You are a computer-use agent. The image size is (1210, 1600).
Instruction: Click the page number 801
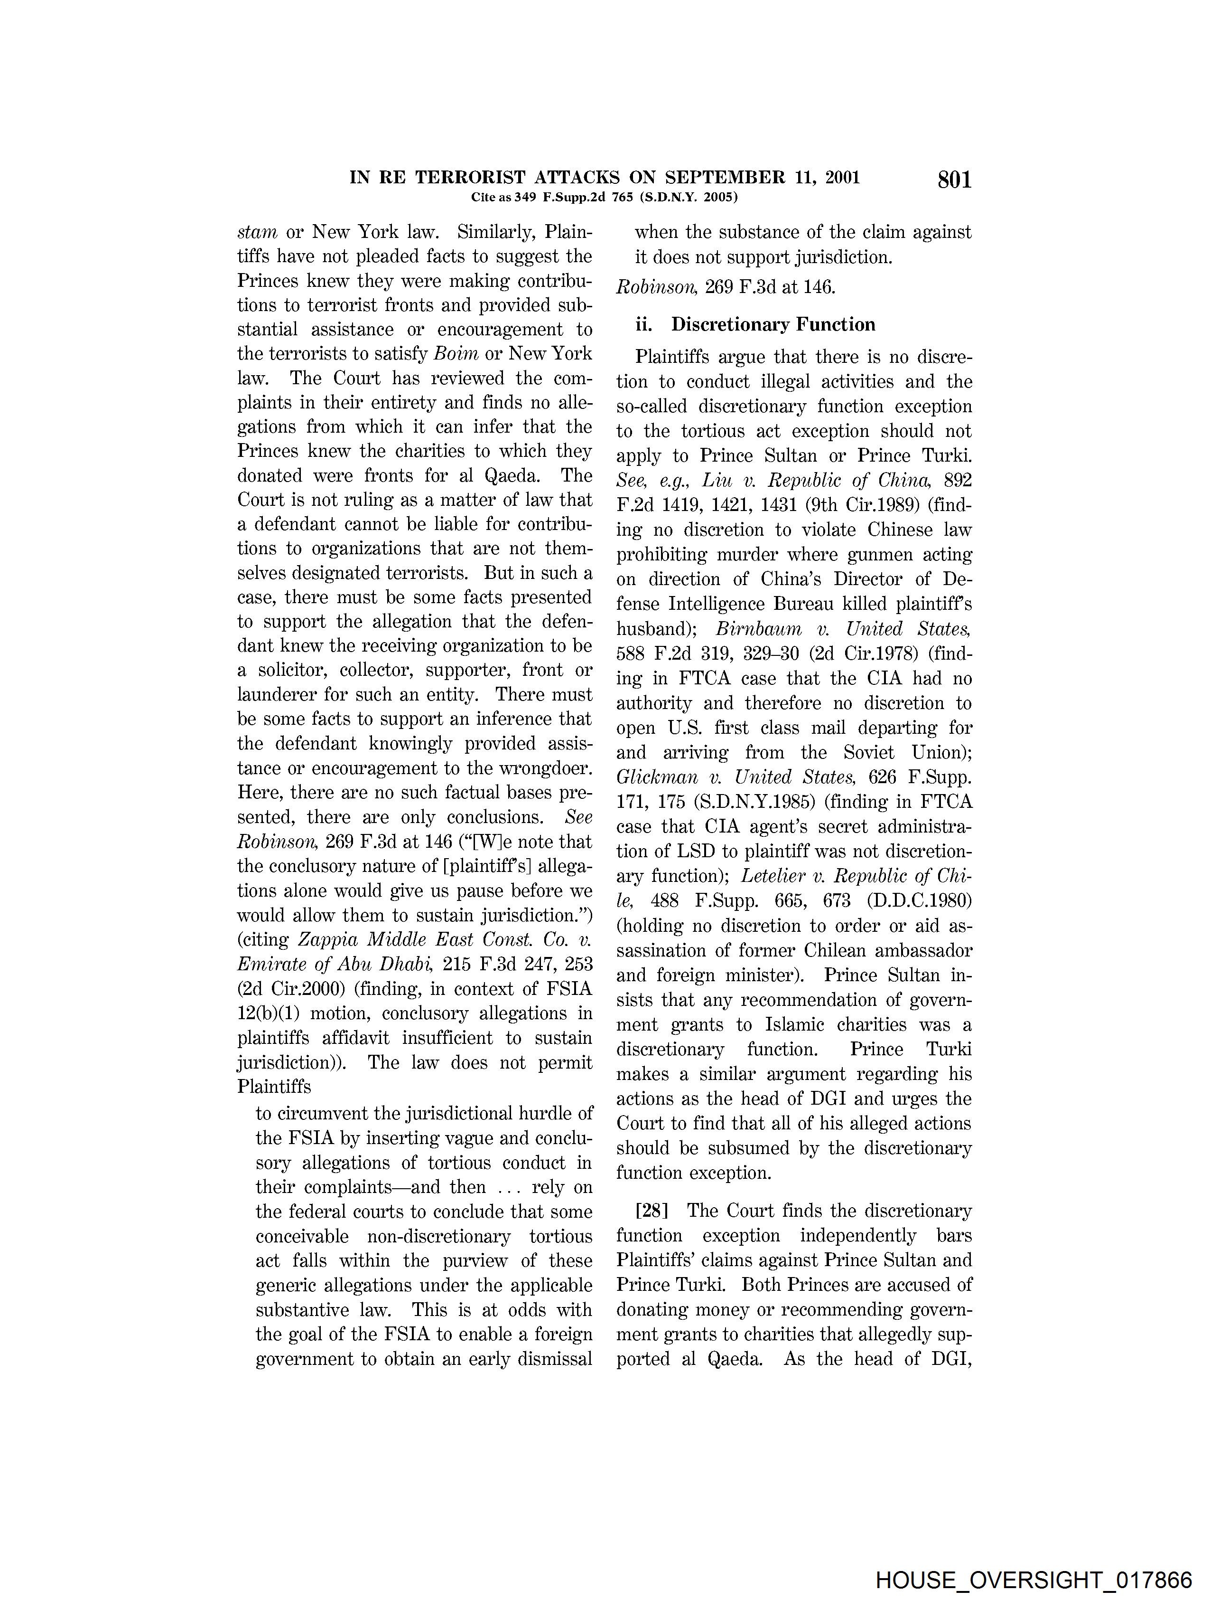954,180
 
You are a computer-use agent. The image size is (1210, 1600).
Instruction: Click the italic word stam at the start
257,233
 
